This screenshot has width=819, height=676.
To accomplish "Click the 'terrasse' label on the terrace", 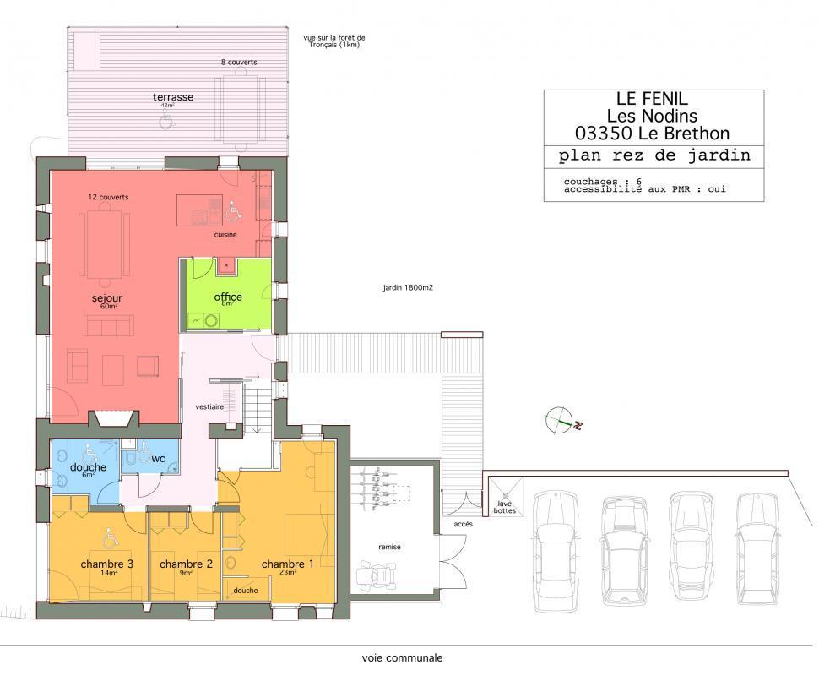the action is tap(173, 97).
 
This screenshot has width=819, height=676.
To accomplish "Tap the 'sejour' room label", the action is tap(107, 298).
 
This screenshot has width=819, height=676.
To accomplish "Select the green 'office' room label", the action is tap(228, 297).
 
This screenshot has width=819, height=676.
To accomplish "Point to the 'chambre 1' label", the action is tap(287, 564).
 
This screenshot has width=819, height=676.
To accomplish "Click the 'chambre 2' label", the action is tap(186, 564).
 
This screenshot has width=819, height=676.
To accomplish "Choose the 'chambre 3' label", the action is tap(107, 564).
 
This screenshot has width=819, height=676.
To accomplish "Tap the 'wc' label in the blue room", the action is tap(158, 459).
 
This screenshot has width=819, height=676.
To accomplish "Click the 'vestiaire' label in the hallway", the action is tap(209, 406).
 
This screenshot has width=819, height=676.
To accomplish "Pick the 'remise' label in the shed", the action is tap(389, 547).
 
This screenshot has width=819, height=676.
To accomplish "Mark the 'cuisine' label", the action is tap(225, 235).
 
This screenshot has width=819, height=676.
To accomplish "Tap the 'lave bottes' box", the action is tap(505, 496).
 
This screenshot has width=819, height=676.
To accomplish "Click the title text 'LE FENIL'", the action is tap(653, 99).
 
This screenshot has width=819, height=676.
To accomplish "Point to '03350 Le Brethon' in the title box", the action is tap(653, 134).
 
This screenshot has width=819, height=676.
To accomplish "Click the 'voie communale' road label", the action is tap(402, 658).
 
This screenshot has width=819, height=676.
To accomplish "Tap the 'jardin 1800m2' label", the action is tap(408, 287).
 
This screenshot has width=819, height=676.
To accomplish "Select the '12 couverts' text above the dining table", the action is tap(108, 197).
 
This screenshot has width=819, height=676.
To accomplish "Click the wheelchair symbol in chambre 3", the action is tap(111, 538).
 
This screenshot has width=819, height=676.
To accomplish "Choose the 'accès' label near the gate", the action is tap(463, 524).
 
